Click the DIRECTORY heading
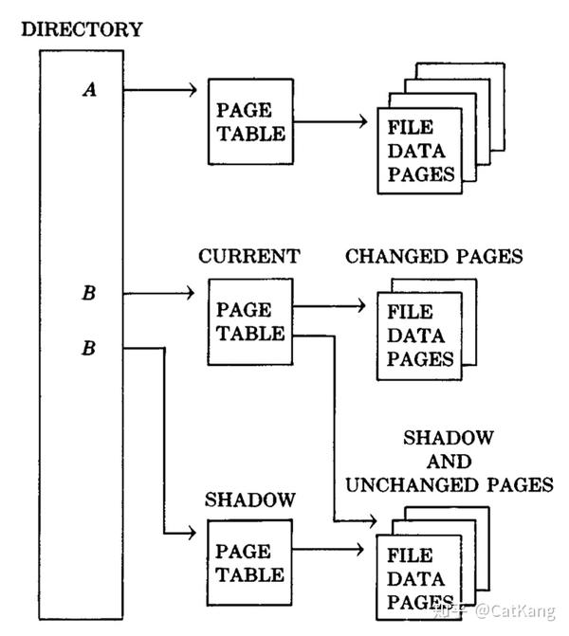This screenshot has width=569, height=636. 82,29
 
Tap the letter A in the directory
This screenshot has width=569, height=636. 90,90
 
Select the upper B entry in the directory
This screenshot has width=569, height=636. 89,293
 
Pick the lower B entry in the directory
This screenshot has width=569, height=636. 89,348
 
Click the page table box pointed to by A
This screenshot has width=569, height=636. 250,121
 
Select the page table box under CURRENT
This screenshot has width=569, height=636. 250,321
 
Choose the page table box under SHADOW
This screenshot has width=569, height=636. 249,563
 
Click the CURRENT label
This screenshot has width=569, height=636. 249,256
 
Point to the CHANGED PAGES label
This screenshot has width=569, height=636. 433,256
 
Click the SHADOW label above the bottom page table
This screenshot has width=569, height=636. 250,500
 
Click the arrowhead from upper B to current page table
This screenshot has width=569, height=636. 191,293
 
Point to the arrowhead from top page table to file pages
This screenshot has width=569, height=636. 363,121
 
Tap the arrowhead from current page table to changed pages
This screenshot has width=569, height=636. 361,306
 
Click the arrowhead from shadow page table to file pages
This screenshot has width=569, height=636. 359,550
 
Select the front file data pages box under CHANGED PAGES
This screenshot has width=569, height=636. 420,336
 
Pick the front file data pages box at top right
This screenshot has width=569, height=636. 420,151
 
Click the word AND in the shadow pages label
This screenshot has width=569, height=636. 449,462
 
